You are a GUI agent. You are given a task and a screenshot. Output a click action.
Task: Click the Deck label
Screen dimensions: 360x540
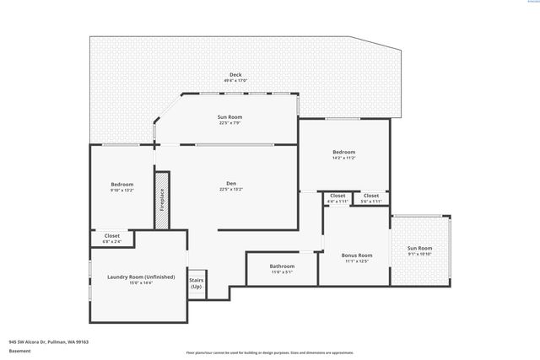[x=235, y=74]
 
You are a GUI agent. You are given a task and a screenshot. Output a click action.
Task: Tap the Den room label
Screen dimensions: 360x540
[x=230, y=184]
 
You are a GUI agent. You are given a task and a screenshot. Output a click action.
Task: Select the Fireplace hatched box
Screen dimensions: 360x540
[x=162, y=200]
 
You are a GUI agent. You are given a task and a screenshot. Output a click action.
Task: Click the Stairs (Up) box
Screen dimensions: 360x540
[x=196, y=283]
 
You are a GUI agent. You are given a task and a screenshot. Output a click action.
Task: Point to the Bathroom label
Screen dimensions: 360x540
[x=282, y=266]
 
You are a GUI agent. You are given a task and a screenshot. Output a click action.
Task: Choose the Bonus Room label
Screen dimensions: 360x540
[x=357, y=255]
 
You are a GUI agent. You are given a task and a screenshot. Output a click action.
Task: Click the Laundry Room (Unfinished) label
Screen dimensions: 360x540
[x=140, y=277]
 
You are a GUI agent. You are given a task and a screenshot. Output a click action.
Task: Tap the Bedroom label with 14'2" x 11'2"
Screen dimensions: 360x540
[x=343, y=152]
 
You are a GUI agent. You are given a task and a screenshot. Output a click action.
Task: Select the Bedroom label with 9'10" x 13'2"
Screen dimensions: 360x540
[x=122, y=184]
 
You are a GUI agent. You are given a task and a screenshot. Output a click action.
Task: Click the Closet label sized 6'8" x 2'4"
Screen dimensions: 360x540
[x=112, y=236]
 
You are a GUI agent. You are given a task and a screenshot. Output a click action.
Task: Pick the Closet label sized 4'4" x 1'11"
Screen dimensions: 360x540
[x=337, y=196]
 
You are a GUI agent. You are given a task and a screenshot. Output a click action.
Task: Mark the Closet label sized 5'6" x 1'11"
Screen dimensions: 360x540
[x=371, y=196]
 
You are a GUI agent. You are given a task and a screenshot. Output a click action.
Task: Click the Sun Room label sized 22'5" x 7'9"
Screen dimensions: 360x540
[x=230, y=118]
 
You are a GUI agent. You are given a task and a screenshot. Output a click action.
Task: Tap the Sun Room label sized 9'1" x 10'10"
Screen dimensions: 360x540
[x=419, y=248]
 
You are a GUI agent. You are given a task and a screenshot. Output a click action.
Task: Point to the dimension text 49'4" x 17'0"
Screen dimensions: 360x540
[x=235, y=80]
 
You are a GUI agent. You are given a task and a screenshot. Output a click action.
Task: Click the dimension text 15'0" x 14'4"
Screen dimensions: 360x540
[x=140, y=282]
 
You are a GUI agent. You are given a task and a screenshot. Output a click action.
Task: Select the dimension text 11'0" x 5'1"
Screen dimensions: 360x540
[x=282, y=272]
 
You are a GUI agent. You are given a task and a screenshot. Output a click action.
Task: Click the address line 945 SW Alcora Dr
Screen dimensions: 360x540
[x=49, y=341]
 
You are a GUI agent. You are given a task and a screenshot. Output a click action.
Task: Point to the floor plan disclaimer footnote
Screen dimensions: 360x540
[x=282, y=352]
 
